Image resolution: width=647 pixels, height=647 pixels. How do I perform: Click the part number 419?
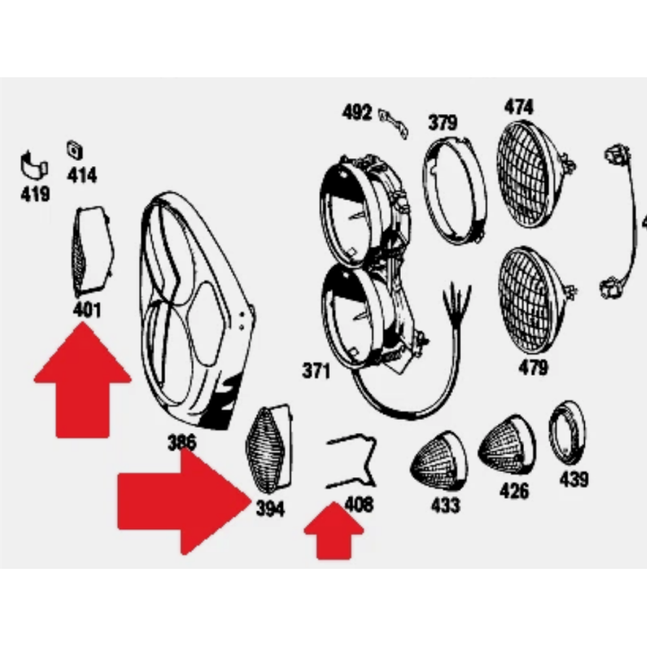[35, 194]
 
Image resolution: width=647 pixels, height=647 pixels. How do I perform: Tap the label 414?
[82, 175]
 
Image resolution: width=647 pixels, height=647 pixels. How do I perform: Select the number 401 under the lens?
[86, 310]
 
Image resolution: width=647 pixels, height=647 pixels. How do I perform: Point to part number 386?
[182, 442]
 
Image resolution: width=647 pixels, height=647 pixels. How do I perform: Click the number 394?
[270, 509]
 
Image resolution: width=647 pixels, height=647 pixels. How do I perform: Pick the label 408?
[359, 504]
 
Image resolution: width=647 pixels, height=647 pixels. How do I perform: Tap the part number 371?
[316, 370]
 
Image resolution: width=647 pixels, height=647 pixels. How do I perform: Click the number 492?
[357, 112]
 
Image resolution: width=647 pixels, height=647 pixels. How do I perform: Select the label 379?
[443, 122]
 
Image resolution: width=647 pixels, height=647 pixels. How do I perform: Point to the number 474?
[518, 106]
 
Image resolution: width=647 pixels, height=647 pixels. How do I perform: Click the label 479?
[534, 368]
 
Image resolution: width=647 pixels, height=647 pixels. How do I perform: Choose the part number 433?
[446, 505]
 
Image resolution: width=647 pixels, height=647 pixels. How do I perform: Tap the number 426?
[514, 491]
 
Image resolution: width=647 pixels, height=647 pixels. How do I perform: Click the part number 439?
[574, 479]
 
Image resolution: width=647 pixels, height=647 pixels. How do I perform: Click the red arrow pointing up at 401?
[83, 379]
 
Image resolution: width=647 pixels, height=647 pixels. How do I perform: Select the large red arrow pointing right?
[184, 501]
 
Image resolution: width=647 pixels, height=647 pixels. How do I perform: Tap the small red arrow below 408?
[333, 531]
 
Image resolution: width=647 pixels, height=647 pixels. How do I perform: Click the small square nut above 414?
[75, 150]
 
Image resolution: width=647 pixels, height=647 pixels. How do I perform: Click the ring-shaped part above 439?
[567, 431]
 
